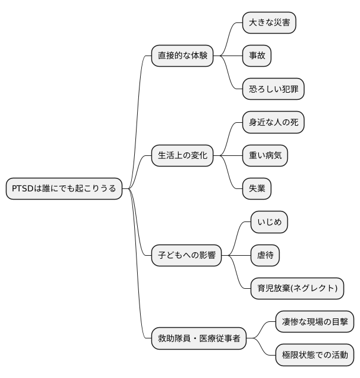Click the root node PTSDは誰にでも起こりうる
pyautogui.click(x=64, y=188)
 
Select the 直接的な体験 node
pyautogui.click(x=182, y=56)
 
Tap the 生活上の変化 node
pyautogui.click(x=182, y=156)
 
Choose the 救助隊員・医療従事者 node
pyautogui.click(x=199, y=339)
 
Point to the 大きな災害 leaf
pyautogui.click(x=269, y=22)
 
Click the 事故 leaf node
pyautogui.click(x=257, y=56)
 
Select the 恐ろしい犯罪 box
pyautogui.click(x=273, y=89)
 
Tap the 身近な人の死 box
pyautogui.click(x=273, y=122)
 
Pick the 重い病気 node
pyautogui.click(x=265, y=156)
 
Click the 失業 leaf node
pyautogui.click(x=257, y=189)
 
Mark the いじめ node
pyautogui.click(x=269, y=222)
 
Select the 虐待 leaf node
pyautogui.click(x=265, y=256)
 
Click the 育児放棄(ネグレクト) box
pyautogui.click(x=297, y=289)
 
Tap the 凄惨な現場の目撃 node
pyautogui.click(x=315, y=322)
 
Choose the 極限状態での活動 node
pyautogui.click(x=315, y=356)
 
